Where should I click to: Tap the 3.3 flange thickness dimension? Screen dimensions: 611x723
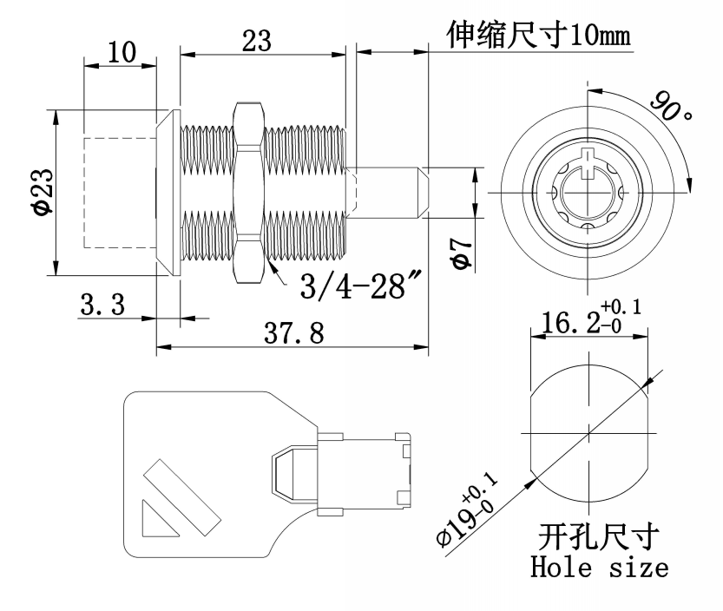coord(102,305)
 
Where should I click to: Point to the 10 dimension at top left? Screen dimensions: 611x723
coord(122,52)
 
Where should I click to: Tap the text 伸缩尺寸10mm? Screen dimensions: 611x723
coord(537,36)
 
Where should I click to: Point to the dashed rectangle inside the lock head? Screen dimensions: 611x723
coord(118,192)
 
